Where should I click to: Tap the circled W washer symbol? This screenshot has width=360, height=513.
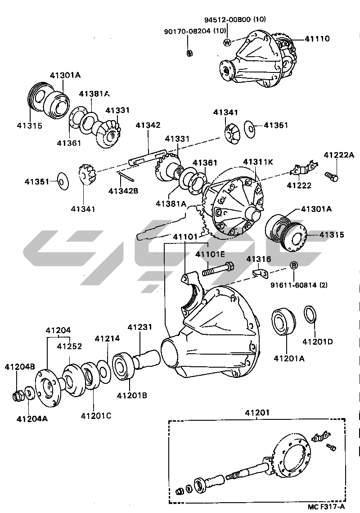227,42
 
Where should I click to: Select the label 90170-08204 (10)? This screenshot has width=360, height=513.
194,31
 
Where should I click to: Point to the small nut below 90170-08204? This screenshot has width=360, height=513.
190,53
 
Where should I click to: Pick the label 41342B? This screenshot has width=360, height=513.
123,190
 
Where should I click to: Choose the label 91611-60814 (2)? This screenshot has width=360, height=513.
299,285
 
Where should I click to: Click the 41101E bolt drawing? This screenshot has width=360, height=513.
219,270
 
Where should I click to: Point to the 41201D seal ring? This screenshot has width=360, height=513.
310,315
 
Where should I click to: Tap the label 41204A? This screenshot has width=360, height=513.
32,418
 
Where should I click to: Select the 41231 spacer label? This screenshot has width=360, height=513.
140,328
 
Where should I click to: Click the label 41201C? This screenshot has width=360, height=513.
96,415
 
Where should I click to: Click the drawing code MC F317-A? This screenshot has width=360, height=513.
326,506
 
